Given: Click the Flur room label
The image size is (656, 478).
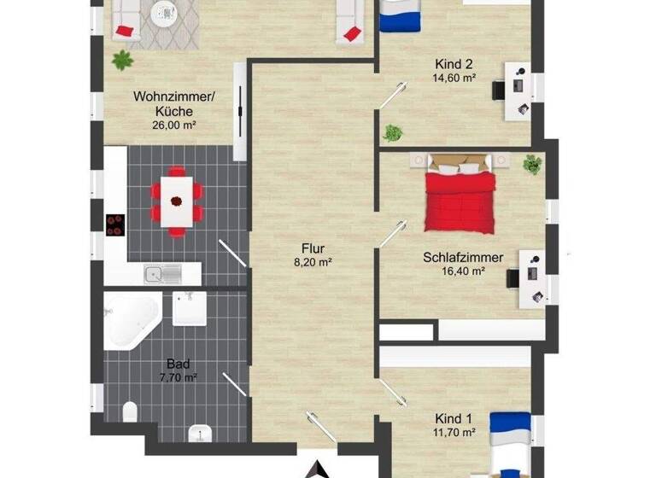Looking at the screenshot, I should pyautogui.click(x=312, y=249).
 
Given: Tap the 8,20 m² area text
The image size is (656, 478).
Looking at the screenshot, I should pyautogui.click(x=312, y=263).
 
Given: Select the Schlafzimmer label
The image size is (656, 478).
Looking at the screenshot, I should pyautogui.click(x=462, y=257).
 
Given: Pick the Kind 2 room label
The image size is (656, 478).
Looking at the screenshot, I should pyautogui.click(x=454, y=64).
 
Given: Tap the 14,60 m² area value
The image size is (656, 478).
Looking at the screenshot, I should pyautogui.click(x=454, y=78).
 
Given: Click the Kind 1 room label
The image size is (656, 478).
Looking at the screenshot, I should pyautogui.click(x=454, y=418).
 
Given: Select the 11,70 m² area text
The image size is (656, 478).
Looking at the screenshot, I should pyautogui.click(x=454, y=432).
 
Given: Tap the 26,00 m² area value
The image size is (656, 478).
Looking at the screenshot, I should pyautogui.click(x=175, y=125).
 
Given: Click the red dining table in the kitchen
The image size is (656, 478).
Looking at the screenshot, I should pyautogui.click(x=178, y=202).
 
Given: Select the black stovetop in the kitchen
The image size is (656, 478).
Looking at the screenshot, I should pyautogui.click(x=115, y=224).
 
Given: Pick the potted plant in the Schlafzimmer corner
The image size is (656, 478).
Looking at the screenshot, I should pyautogui.click(x=532, y=163).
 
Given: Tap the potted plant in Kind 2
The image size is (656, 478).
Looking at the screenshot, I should pyautogui.click(x=393, y=133).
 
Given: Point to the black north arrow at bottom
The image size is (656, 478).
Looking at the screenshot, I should pyautogui.click(x=318, y=469).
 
